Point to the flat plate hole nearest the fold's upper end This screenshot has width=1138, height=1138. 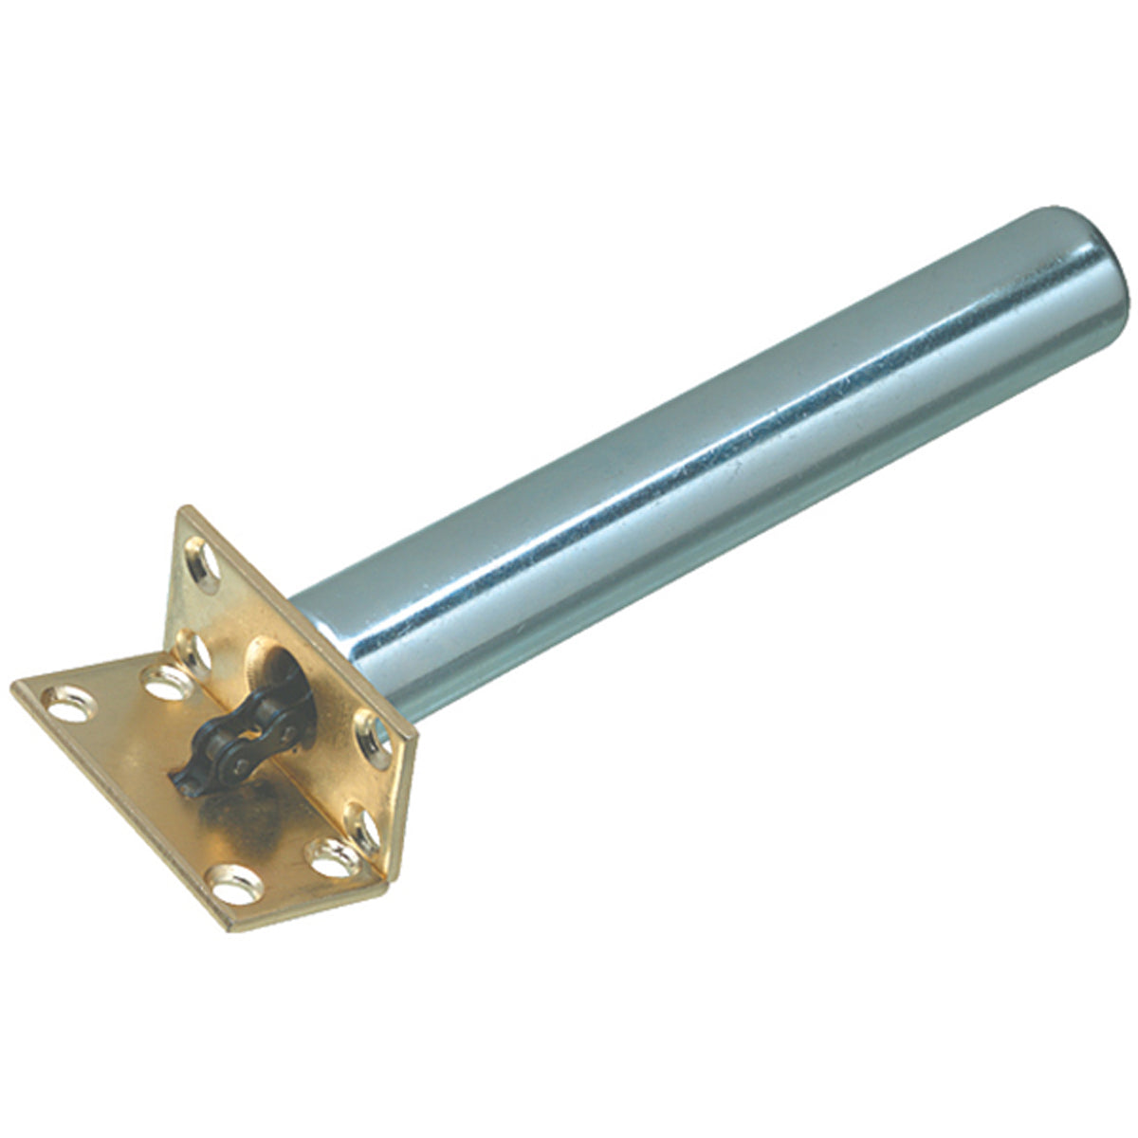(x=163, y=682)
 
